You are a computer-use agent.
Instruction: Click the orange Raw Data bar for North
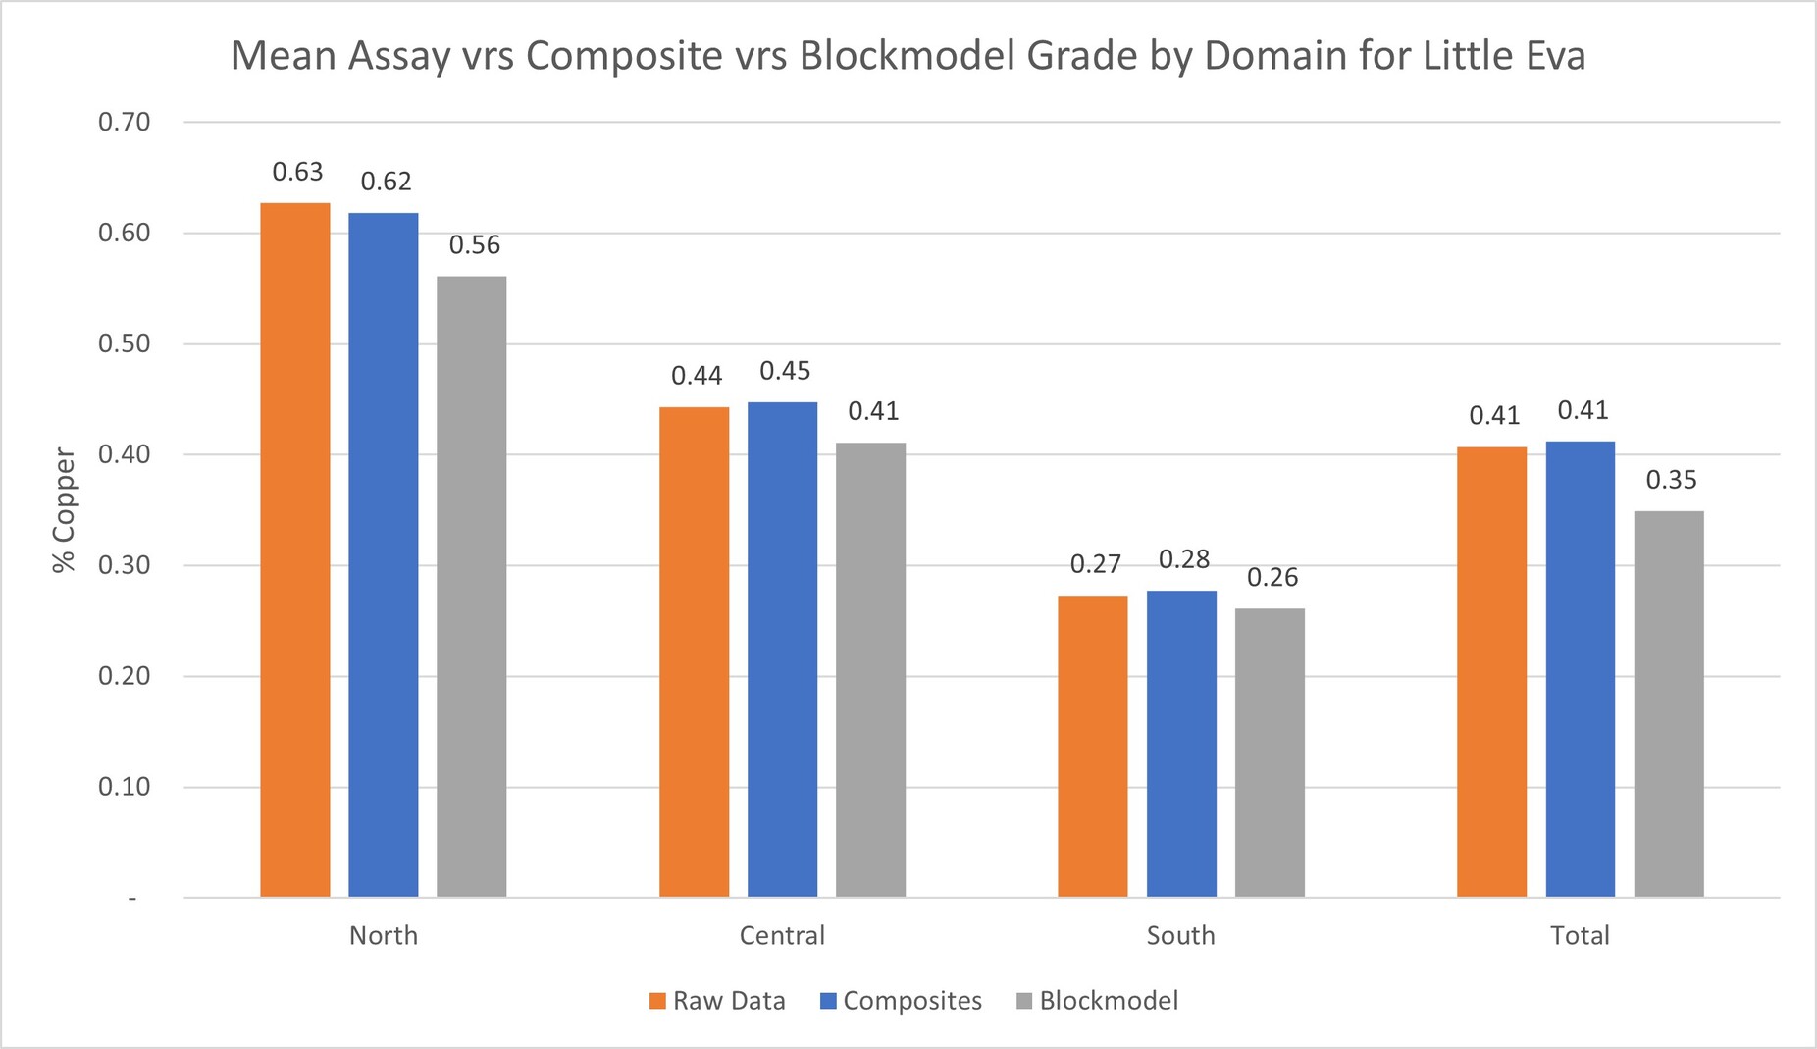pyautogui.click(x=294, y=550)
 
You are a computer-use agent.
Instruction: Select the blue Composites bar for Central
pyautogui.click(x=782, y=650)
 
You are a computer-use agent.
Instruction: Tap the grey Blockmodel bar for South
pyautogui.click(x=1270, y=753)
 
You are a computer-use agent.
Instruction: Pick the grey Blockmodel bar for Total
pyautogui.click(x=1668, y=704)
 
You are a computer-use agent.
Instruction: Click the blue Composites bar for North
pyautogui.click(x=383, y=554)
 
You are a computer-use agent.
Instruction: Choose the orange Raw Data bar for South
pyautogui.click(x=1092, y=746)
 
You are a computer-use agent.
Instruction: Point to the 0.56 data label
pyautogui.click(x=475, y=245)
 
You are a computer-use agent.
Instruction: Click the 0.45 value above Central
pyautogui.click(x=785, y=371)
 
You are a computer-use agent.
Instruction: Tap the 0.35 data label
pyautogui.click(x=1671, y=480)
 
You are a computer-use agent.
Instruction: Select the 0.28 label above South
pyautogui.click(x=1184, y=559)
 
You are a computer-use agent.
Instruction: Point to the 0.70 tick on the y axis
pyautogui.click(x=125, y=123)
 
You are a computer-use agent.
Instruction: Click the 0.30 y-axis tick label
pyautogui.click(x=125, y=566)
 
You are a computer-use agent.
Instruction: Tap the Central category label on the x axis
pyautogui.click(x=782, y=935)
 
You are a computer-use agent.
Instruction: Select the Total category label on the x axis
pyautogui.click(x=1580, y=935)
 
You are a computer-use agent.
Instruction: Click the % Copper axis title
pyautogui.click(x=65, y=510)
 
